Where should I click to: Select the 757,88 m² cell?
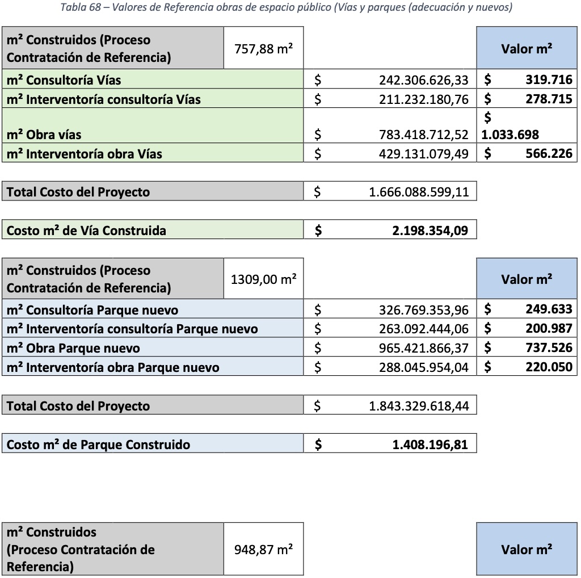[264, 49]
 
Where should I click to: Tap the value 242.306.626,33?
[424, 80]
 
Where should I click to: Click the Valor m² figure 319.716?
[549, 80]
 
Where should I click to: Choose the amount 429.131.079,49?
[424, 153]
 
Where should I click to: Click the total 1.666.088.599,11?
[419, 192]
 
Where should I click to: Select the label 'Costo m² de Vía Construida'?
[86, 231]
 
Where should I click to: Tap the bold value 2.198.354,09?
[430, 231]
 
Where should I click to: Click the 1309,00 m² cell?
[264, 279]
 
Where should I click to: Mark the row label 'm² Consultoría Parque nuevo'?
[92, 310]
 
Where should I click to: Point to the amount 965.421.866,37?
[424, 348]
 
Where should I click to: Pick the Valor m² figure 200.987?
[549, 329]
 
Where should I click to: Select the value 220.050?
[549, 367]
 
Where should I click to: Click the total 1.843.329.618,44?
[419, 406]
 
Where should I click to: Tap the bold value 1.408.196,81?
[430, 444]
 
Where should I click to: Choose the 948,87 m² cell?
[264, 550]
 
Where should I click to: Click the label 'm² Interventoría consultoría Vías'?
[104, 99]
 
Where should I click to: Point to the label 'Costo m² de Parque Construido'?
[98, 444]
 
